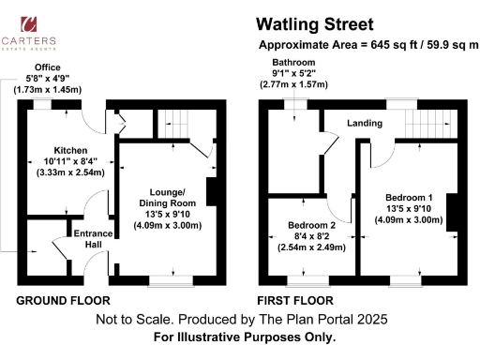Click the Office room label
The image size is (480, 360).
point(47,68)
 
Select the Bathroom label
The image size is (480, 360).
point(291,63)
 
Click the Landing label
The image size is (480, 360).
point(365,122)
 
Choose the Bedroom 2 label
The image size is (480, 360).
point(307,225)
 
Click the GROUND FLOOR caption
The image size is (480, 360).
point(63,301)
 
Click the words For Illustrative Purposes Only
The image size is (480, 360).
point(244,337)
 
